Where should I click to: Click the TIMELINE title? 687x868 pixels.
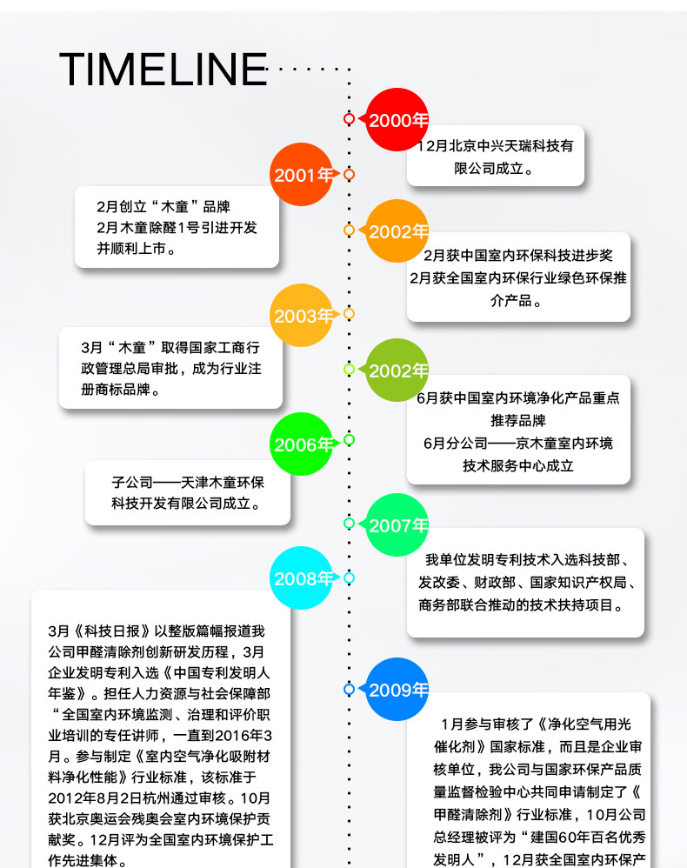163,70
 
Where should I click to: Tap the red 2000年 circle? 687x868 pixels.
397,120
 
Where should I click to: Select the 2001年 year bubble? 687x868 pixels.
302,175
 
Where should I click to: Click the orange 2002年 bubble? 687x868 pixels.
397,231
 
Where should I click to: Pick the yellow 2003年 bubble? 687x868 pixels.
302,316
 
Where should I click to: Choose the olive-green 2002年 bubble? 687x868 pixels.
397,371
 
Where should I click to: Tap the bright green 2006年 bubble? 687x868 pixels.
302,444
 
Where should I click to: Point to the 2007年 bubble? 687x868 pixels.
397,525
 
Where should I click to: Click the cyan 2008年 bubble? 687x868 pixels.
302,578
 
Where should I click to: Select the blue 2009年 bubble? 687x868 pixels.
397,690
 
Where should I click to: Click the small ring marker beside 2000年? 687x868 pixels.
349,118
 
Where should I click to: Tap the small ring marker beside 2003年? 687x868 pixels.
349,313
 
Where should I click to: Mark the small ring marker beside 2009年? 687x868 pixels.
349,689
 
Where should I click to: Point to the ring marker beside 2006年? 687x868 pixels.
349,440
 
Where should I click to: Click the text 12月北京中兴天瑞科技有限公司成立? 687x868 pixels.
495,157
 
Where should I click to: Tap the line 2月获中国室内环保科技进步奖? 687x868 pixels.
518,256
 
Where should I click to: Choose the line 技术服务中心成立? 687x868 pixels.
518,465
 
